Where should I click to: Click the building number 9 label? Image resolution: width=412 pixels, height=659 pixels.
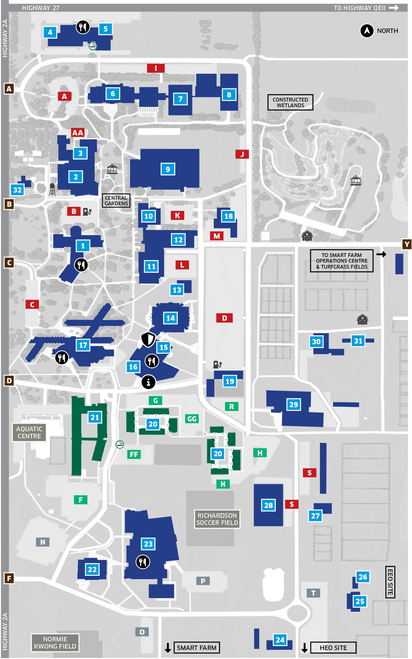pos(168,169)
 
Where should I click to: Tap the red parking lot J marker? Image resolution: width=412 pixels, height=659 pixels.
pos(242,154)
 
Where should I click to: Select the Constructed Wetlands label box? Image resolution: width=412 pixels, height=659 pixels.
pos(290,102)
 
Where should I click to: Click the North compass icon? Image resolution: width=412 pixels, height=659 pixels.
pos(367,31)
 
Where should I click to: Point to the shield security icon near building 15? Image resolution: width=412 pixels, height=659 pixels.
pos(148,339)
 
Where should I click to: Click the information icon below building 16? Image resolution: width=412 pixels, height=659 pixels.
pos(148,382)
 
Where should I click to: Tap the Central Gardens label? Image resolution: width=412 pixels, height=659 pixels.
pos(116,200)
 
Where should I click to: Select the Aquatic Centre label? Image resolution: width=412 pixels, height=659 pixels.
pos(29,432)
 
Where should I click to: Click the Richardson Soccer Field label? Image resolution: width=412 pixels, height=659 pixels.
pos(217,519)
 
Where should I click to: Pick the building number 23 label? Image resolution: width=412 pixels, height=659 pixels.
pos(148,544)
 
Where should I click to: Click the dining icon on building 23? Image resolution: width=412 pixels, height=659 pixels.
pos(143,562)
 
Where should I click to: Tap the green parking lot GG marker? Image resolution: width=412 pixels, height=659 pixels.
pos(192,419)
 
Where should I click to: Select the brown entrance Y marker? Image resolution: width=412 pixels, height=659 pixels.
pos(407,244)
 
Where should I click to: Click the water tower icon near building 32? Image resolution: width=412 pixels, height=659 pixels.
pos(52,190)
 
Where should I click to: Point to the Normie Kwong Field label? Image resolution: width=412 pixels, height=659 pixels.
pos(55,643)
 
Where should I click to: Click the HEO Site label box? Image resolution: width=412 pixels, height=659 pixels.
pos(333,648)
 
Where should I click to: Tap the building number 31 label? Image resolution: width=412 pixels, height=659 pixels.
pos(358,341)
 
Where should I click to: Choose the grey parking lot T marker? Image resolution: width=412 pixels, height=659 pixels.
pos(313,593)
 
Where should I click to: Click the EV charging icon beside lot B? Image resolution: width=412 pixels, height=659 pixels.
pos(87,212)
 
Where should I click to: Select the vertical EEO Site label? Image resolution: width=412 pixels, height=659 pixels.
pos(390,582)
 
